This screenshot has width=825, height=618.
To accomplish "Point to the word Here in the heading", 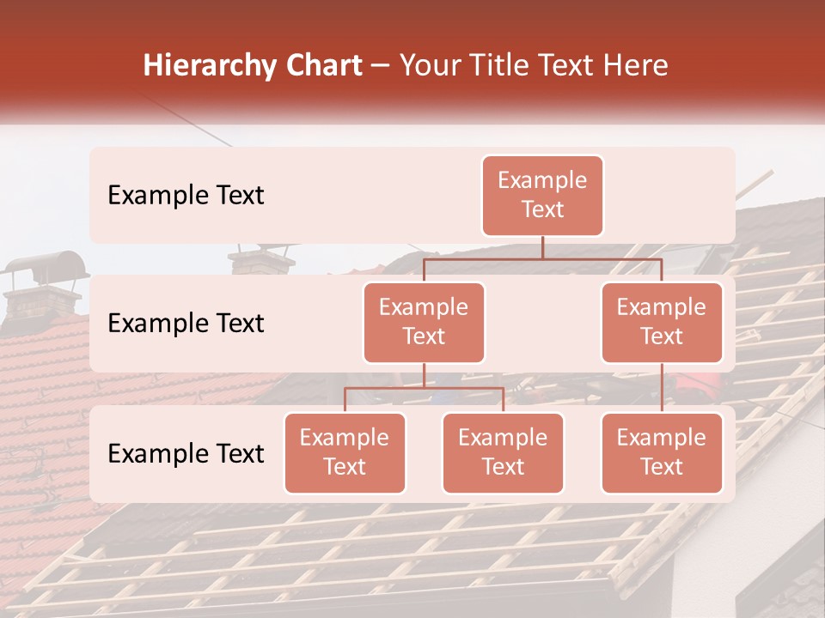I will click(x=636, y=66).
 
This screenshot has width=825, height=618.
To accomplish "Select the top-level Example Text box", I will click(x=542, y=196).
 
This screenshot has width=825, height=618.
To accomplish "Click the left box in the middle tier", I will click(x=424, y=323).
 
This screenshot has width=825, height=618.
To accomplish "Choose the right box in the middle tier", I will click(x=662, y=323).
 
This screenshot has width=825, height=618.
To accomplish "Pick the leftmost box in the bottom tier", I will click(x=345, y=453).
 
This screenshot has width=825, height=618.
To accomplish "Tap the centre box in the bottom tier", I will click(x=503, y=453).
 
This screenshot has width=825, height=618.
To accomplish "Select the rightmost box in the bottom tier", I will click(x=662, y=453).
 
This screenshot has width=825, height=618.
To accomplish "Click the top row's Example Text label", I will click(x=186, y=196).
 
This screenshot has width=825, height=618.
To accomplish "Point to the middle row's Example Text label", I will click(x=186, y=324).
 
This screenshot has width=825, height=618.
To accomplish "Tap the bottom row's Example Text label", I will click(x=186, y=454).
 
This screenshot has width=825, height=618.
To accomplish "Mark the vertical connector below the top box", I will click(x=542, y=247).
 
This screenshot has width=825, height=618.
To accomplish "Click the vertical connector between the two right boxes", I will click(x=662, y=388).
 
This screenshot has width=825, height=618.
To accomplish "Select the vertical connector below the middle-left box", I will click(x=424, y=375).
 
